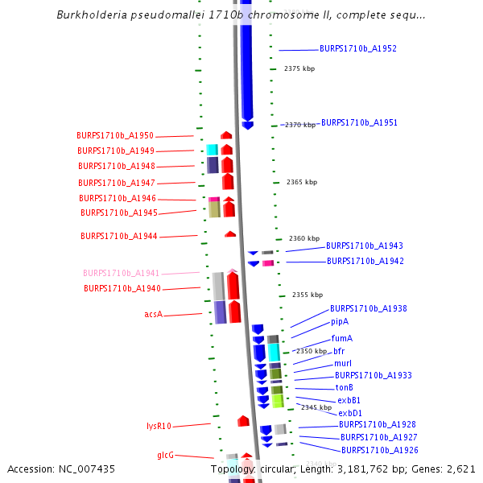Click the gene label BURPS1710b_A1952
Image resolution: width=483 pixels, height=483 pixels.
(x=357, y=49)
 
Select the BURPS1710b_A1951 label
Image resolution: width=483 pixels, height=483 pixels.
(x=359, y=123)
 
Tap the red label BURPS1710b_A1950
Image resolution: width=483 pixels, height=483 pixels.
(x=114, y=135)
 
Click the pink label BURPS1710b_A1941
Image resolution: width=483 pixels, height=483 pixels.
(x=121, y=273)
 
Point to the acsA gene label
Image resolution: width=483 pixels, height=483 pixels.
(x=154, y=314)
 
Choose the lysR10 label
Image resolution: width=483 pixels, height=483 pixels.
(x=159, y=426)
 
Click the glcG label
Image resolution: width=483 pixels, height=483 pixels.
(x=165, y=455)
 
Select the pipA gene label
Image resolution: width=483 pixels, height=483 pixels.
(x=340, y=322)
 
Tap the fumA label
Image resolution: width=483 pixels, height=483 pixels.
(x=342, y=338)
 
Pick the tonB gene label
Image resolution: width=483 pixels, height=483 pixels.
(x=345, y=388)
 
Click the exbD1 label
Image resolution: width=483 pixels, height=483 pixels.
(x=350, y=413)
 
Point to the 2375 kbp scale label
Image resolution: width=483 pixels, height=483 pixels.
(x=299, y=69)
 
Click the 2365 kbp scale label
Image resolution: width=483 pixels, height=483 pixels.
(x=301, y=183)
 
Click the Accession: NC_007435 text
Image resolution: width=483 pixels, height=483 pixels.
(x=61, y=469)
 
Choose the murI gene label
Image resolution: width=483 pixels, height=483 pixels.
(x=343, y=363)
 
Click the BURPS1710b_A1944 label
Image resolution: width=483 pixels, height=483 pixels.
(x=118, y=237)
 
